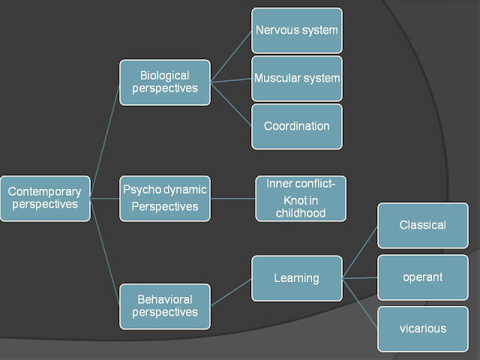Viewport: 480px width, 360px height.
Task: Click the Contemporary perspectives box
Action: pyautogui.click(x=45, y=198)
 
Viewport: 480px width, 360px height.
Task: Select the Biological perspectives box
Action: pyautogui.click(x=165, y=82)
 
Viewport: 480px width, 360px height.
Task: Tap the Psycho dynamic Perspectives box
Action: pyautogui.click(x=165, y=198)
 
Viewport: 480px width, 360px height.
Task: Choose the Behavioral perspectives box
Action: pyautogui.click(x=165, y=306)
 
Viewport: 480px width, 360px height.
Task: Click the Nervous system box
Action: pyautogui.click(x=297, y=31)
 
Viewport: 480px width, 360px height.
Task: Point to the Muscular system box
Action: pyautogui.click(x=297, y=78)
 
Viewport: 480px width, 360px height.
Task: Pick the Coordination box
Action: pyautogui.click(x=297, y=126)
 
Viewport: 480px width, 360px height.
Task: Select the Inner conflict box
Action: pyautogui.click(x=301, y=198)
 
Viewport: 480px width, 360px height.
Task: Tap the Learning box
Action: pyautogui.click(x=297, y=277)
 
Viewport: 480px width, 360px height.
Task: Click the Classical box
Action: pyautogui.click(x=422, y=225)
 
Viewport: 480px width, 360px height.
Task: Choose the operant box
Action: pyautogui.click(x=422, y=277)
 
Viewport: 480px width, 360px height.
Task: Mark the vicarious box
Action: pyautogui.click(x=422, y=328)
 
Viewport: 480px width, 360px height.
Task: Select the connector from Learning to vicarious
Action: pyautogui.click(x=360, y=303)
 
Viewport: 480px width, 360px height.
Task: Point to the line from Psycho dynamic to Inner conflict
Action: pyautogui.click(x=232, y=199)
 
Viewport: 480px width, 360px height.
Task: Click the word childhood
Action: pyautogui.click(x=301, y=213)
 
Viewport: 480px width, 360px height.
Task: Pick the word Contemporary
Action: pyautogui.click(x=44, y=191)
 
